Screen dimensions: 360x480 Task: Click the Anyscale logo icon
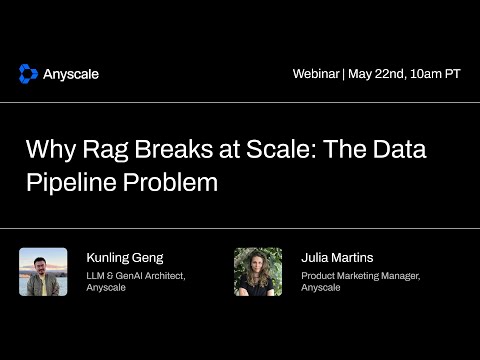[28, 73]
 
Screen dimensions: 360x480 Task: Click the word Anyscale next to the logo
[71, 74]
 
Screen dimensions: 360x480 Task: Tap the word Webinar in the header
[315, 74]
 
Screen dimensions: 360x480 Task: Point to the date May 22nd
[376, 74]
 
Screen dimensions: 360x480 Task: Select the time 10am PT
[435, 74]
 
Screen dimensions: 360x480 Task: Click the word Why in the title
[48, 152]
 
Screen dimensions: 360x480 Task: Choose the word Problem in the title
[174, 184]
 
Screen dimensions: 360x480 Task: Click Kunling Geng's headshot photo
[43, 272]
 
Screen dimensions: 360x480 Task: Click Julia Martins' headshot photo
[258, 272]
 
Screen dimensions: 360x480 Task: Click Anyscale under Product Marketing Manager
[321, 288]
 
